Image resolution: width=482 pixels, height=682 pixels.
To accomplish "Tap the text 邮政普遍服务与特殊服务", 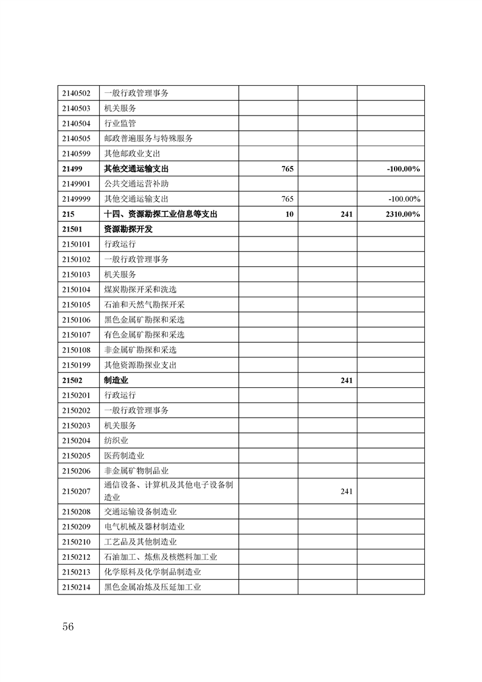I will tap(149, 139).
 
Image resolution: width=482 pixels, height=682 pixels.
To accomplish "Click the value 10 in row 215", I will tap(289, 214).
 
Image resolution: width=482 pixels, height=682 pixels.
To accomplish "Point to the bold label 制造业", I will tap(116, 380).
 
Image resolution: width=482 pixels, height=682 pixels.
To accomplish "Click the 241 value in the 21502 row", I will tap(347, 380).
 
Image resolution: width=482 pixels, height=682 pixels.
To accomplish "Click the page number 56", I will tap(67, 627).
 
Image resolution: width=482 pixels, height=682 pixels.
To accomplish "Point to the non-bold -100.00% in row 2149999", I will tap(404, 199).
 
